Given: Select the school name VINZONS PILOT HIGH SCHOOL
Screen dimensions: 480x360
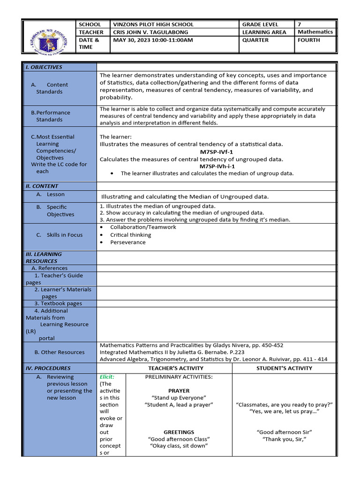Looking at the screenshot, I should pos(153,24).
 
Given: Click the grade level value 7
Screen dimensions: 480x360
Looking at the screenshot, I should pos(300,24).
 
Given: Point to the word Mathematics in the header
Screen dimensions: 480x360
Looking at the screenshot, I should pos(315,32).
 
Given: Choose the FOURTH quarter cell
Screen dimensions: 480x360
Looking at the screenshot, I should pos(309,40).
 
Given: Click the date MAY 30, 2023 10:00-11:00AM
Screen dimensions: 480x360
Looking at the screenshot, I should pos(153,40).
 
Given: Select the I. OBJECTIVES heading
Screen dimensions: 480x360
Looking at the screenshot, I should pos(44,67).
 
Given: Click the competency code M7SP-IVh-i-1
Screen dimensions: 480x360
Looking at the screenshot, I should pos(217,166).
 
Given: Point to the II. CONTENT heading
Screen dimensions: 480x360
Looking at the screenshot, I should pos(42,186).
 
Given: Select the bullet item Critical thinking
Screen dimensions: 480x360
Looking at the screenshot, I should pos(130,235).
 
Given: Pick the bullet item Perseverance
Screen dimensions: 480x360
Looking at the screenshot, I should pos(127,242).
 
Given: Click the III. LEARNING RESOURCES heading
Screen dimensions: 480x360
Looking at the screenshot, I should pos(44,257).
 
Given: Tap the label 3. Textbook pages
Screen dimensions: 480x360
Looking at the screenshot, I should pos(58,303).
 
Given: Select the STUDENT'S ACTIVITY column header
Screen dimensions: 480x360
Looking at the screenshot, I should pos(284,368).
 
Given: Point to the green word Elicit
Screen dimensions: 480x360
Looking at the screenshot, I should pos(106,376).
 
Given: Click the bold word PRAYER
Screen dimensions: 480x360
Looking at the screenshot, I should pos(179,390).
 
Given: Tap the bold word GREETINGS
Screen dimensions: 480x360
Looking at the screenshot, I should pos(179,432).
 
